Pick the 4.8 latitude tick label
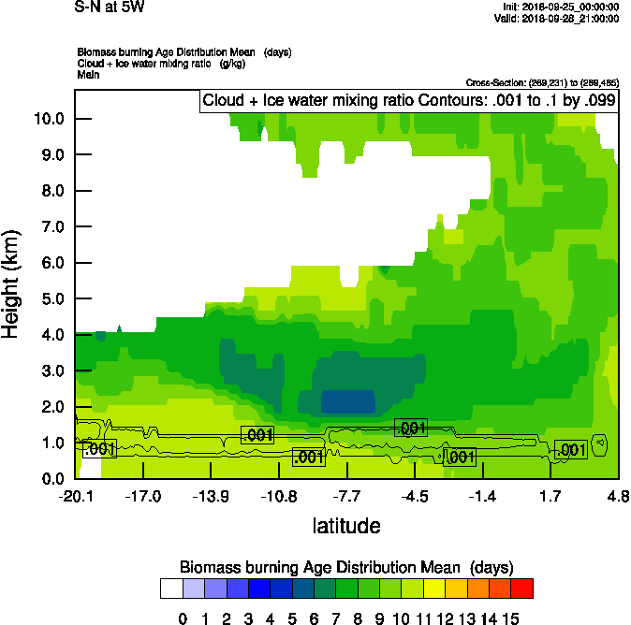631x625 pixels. [x=618, y=496]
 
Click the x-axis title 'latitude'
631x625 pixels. [x=346, y=526]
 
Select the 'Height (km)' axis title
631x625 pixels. [x=12, y=283]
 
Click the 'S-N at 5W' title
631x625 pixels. [x=110, y=7]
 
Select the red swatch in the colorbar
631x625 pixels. [x=523, y=588]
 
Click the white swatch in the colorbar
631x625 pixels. [x=170, y=588]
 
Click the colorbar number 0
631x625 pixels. [x=183, y=618]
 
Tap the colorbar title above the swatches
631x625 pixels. [x=346, y=567]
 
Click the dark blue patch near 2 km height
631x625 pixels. [x=347, y=401]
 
